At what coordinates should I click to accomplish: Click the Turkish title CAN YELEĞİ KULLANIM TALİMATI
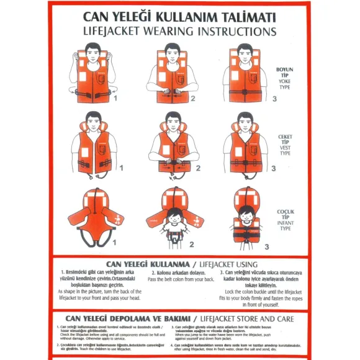coord(179,16)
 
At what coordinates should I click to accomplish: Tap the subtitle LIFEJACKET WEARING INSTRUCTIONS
coord(179,30)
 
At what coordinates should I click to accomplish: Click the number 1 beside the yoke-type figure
coord(115,98)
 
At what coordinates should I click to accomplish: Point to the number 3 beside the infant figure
coord(267,246)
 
